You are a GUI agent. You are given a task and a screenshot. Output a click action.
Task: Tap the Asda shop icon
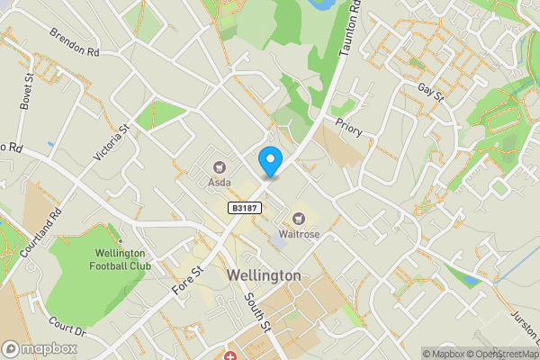click(220, 166)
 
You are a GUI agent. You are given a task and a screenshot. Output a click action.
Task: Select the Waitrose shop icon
click(299, 218)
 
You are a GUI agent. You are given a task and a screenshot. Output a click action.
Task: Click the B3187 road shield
click(240, 208)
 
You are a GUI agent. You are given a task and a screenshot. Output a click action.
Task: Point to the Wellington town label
click(264, 274)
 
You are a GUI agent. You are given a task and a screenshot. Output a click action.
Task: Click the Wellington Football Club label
click(120, 257)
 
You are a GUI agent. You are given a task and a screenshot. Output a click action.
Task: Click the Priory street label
click(348, 130)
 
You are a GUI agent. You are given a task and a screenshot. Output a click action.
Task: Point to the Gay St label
click(431, 91)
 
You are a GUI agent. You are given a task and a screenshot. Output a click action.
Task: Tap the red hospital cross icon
click(230, 356)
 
